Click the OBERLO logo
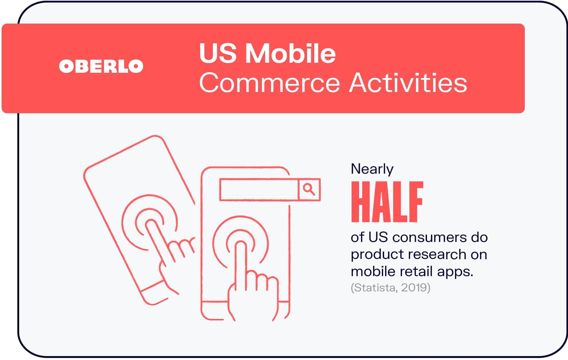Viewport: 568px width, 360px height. pyautogui.click(x=101, y=66)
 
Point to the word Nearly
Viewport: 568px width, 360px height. pyautogui.click(x=372, y=169)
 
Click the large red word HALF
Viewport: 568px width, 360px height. pyautogui.click(x=387, y=202)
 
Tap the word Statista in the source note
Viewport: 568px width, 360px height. pyautogui.click(x=375, y=287)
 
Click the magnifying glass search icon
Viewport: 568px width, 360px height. pyautogui.click(x=309, y=189)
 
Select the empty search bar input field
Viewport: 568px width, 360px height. pyautogui.click(x=259, y=189)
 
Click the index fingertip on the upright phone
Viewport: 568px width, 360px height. pyautogui.click(x=240, y=245)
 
